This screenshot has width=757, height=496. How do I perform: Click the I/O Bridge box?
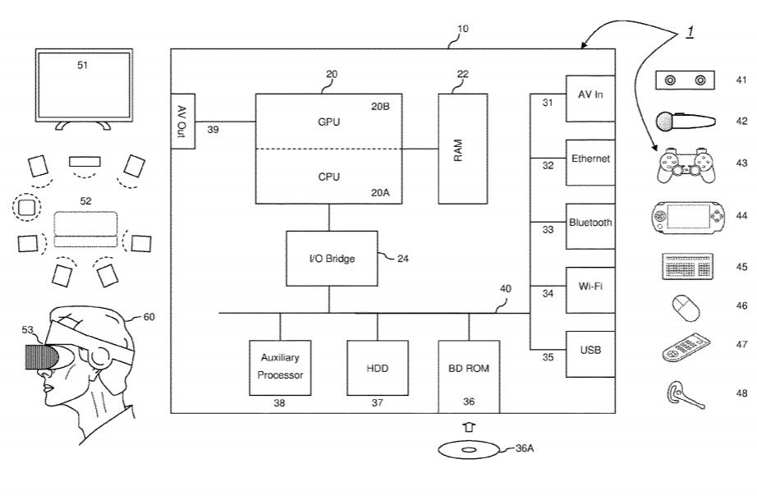(x=332, y=259)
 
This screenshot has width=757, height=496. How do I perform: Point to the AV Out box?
(x=183, y=121)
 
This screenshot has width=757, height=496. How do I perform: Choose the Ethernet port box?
(x=590, y=159)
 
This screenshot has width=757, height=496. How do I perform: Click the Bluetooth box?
(x=590, y=223)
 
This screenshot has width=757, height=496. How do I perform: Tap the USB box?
(x=590, y=352)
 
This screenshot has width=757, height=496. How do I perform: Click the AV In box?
(x=590, y=96)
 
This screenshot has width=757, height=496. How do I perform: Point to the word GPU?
(x=328, y=122)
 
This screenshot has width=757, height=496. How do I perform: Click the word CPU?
(x=328, y=176)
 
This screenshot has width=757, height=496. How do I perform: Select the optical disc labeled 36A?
(x=468, y=450)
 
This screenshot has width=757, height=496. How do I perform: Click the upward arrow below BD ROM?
(x=468, y=427)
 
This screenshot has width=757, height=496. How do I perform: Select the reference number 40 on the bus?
(x=505, y=288)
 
